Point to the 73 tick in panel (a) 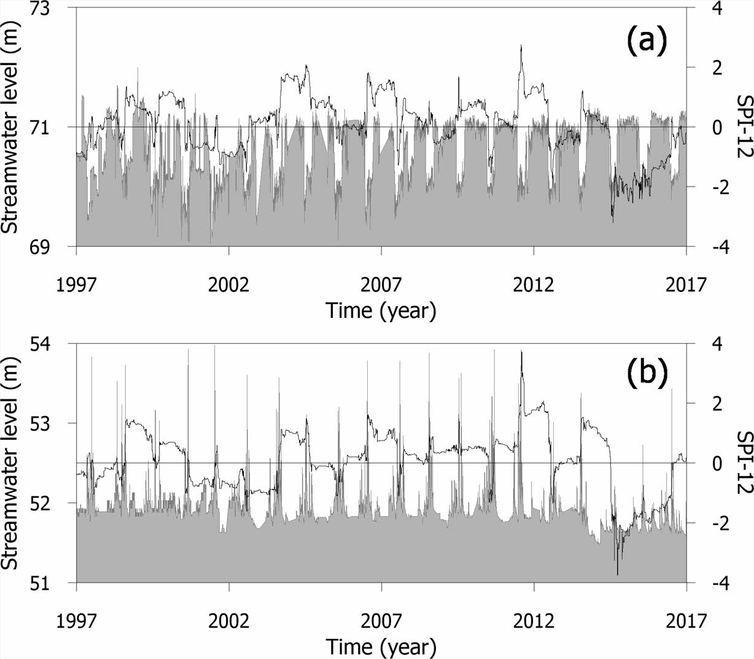[x=48, y=9]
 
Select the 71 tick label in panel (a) [x=48, y=127]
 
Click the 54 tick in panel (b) [x=48, y=344]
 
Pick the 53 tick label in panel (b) [x=48, y=423]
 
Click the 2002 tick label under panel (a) [x=229, y=285]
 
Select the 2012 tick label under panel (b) [x=534, y=620]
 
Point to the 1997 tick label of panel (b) [x=76, y=620]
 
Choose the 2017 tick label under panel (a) [x=686, y=285]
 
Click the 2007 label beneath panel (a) [x=381, y=285]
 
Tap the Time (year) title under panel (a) [x=381, y=311]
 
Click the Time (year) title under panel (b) [x=381, y=647]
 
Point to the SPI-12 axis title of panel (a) [x=740, y=127]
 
